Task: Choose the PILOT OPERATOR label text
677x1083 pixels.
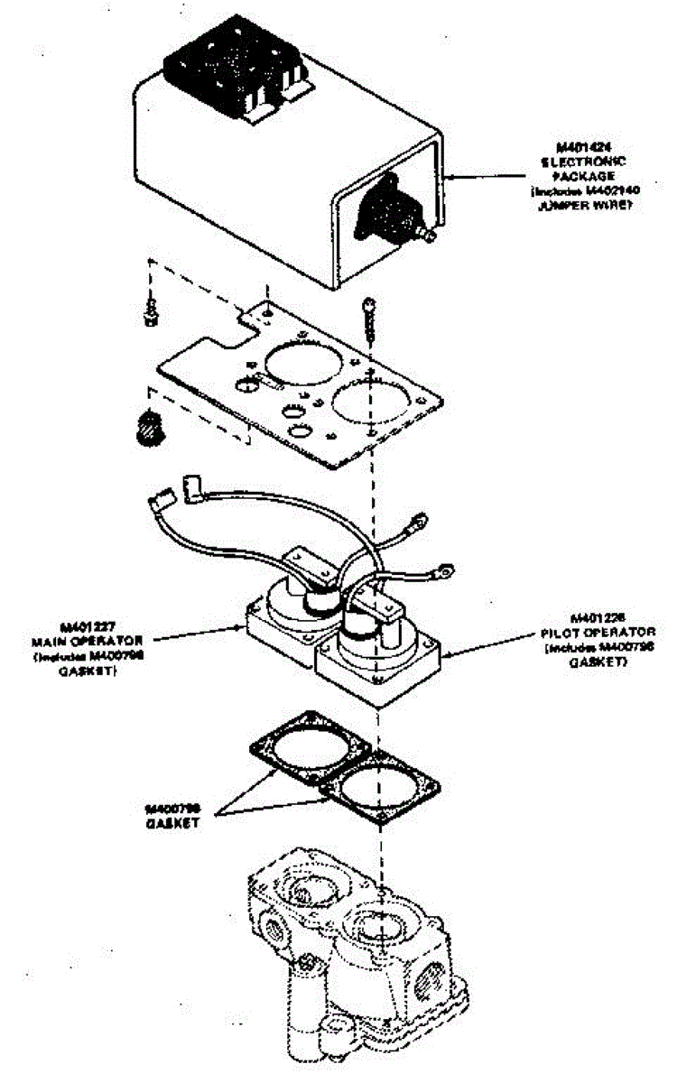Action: pyautogui.click(x=597, y=634)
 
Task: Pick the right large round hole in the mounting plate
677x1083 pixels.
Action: pyautogui.click(x=371, y=403)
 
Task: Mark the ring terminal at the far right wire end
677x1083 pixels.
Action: pyautogui.click(x=443, y=569)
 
